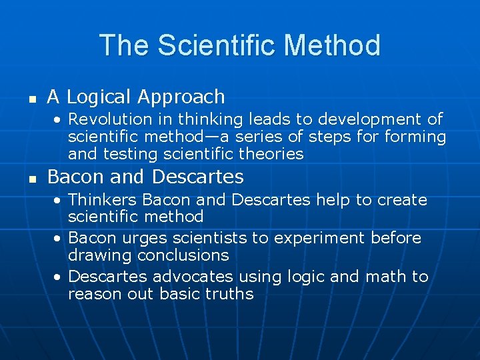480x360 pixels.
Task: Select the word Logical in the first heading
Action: click(99, 97)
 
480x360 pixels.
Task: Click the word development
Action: click(367, 119)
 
